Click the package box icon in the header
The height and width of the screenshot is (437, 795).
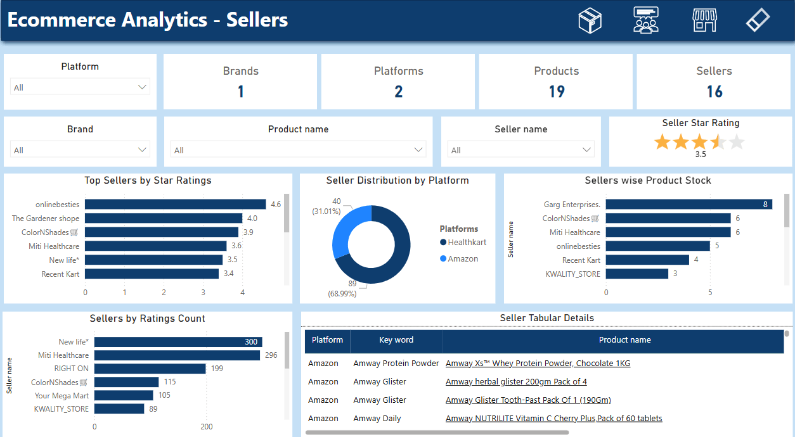(x=590, y=20)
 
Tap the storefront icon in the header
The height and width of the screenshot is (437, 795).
(x=704, y=20)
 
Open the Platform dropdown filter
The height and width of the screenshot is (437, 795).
(x=80, y=87)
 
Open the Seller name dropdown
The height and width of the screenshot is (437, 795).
(x=520, y=150)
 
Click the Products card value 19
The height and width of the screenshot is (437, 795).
(x=556, y=92)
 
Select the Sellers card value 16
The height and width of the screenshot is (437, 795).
(x=714, y=92)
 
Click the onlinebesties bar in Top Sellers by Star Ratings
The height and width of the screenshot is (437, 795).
(x=175, y=204)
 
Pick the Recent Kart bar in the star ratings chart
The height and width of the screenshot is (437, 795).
(x=152, y=274)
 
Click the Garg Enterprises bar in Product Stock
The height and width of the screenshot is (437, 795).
(x=688, y=204)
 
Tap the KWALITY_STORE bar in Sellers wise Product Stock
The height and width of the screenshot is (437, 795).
(x=637, y=274)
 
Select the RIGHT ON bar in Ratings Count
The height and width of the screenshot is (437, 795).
(x=150, y=369)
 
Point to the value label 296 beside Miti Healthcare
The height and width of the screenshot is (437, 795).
(x=271, y=355)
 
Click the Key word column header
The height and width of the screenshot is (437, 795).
(x=396, y=340)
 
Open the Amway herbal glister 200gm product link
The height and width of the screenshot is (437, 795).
(x=516, y=381)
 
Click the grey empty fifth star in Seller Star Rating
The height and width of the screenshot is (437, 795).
(x=736, y=142)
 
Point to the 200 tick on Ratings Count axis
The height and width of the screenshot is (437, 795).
(x=207, y=427)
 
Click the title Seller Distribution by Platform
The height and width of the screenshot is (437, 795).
(x=397, y=180)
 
